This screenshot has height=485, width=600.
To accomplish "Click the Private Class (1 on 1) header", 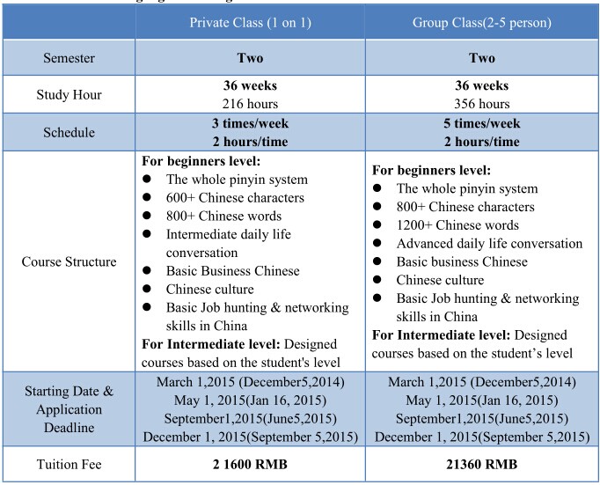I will click(249, 21).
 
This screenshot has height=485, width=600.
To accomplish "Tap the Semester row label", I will click(68, 58).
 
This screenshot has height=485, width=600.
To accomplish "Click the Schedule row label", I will click(68, 133).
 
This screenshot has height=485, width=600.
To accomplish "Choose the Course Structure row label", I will click(68, 261).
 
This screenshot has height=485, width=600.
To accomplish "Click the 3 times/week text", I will click(249, 124).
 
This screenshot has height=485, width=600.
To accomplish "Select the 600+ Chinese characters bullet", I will click(235, 198).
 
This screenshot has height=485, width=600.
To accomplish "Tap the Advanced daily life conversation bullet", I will click(489, 244).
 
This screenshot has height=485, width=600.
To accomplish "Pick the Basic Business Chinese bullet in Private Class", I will click(232, 270).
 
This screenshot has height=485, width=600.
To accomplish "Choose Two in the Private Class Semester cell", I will click(249, 58).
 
